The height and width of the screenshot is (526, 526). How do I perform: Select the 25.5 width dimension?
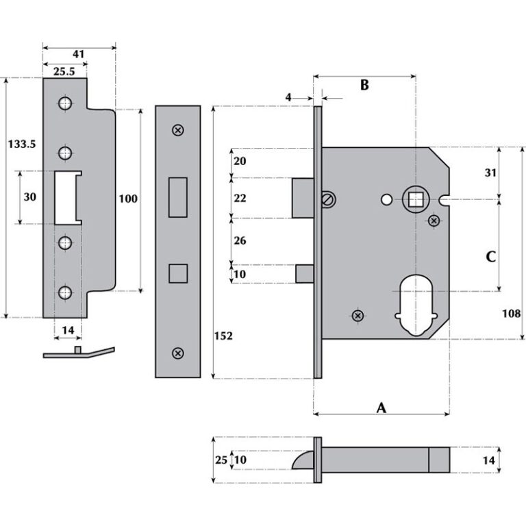pos(64,72)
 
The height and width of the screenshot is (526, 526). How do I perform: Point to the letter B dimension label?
pos(364,85)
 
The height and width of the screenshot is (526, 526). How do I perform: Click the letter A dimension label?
pos(381,408)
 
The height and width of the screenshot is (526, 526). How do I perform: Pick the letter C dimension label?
pos(490,257)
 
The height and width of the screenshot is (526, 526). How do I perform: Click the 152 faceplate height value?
pos(223,336)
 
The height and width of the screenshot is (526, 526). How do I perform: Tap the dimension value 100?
pos(128,199)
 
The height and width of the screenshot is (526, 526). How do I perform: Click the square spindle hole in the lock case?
pos(415,199)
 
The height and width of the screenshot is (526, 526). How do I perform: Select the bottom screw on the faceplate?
pos(178,353)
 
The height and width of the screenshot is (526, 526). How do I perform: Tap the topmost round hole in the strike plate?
pos(64,104)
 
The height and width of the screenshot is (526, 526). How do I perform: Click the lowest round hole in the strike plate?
pos(64,292)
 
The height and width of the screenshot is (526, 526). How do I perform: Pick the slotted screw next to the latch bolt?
pos(327,199)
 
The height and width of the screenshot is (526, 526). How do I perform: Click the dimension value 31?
pos(490,173)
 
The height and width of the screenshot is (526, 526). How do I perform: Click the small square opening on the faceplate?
pos(177,273)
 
